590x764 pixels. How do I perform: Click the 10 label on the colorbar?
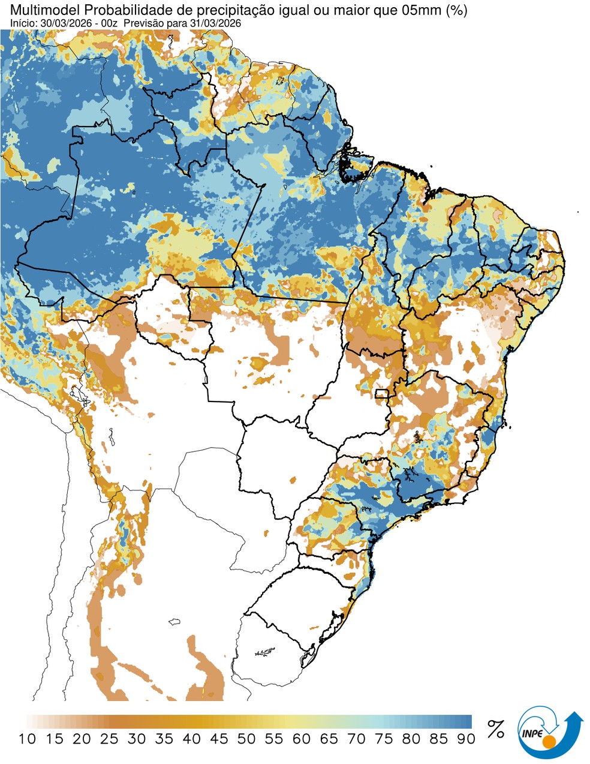coord(27,739)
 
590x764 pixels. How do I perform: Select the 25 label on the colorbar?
coord(110,739)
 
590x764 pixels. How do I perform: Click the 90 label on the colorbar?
coord(466,739)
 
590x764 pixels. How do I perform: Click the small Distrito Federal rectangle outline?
coord(381,394)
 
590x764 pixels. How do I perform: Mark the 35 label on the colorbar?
coord(164,739)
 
